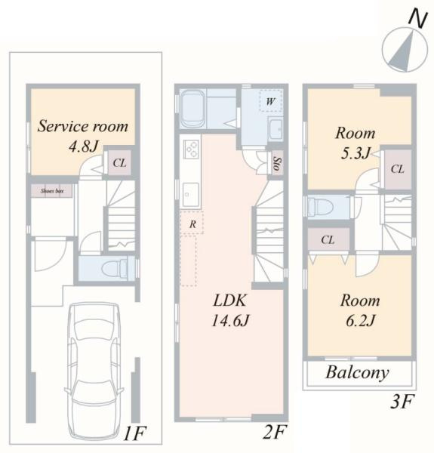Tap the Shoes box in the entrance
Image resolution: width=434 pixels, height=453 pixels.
click(x=51, y=191)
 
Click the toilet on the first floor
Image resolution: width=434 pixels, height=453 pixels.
click(x=114, y=269)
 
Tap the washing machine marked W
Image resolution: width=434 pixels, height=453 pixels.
click(x=270, y=101)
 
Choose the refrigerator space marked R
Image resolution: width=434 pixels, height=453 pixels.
click(x=192, y=223)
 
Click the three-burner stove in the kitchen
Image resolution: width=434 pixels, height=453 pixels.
click(x=190, y=149)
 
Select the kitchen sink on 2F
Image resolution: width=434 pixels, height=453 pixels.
click(x=190, y=195)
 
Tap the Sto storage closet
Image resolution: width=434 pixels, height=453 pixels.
click(x=277, y=164)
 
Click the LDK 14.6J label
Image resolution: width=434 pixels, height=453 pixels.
click(x=230, y=310)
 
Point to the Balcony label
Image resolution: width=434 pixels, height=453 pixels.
click(x=358, y=373)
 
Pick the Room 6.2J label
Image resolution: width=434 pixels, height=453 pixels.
click(x=360, y=310)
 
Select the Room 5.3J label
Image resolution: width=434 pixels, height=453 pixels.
click(x=356, y=143)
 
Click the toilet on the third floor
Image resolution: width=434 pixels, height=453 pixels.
click(x=320, y=207)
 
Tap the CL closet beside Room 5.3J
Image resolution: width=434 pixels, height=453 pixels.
click(x=398, y=169)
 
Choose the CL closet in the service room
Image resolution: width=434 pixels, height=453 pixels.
click(x=119, y=162)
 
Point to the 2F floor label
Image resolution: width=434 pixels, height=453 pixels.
click(x=275, y=432)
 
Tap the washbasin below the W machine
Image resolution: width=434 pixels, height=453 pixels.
click(x=275, y=129)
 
